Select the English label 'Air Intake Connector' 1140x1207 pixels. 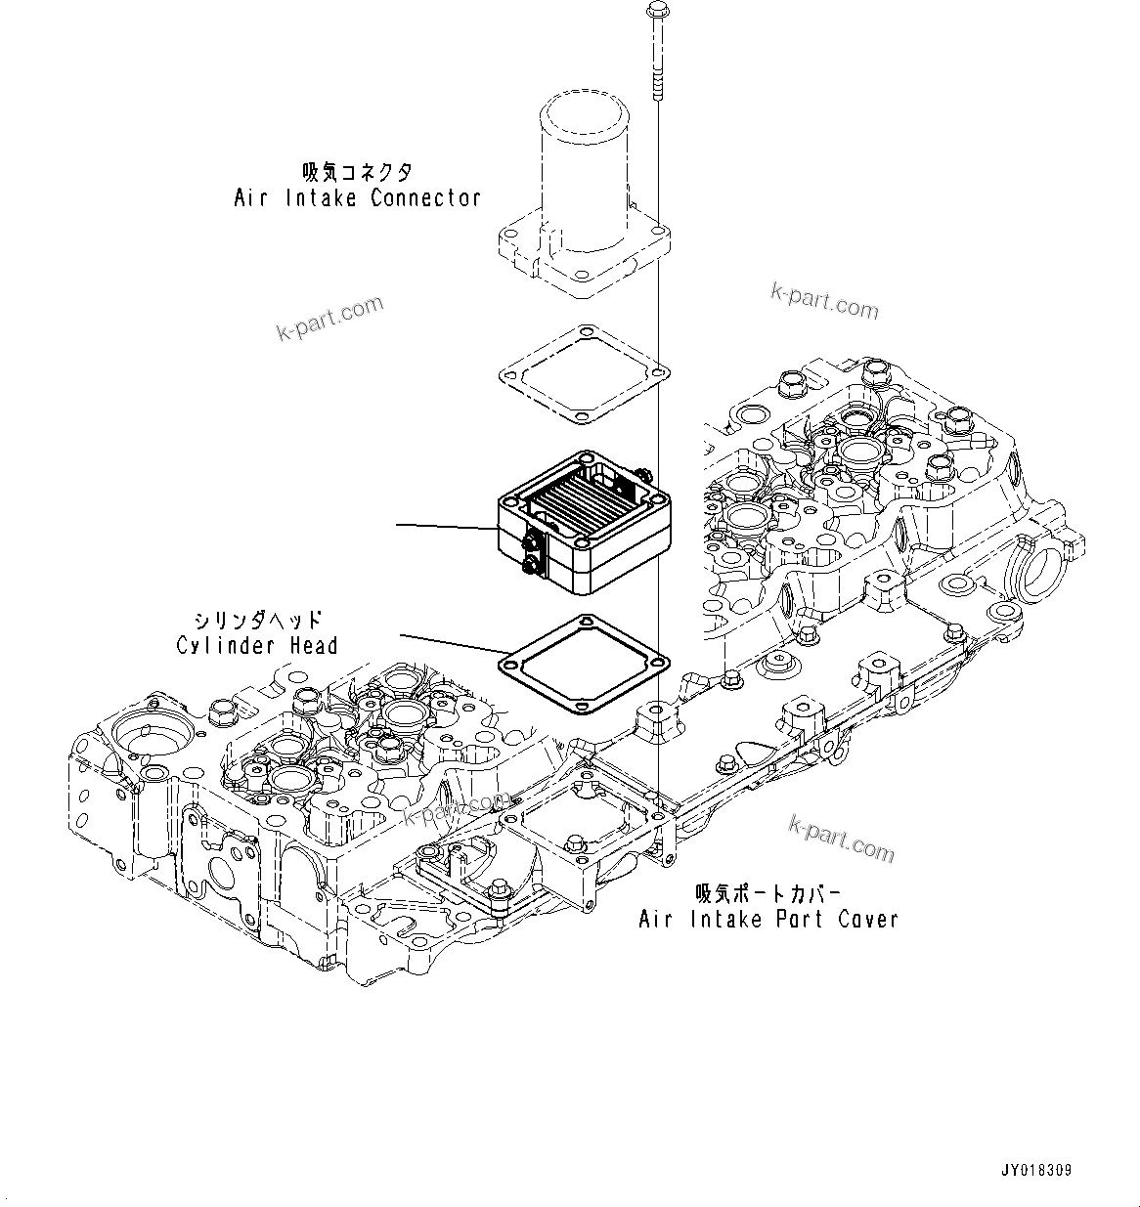click(x=357, y=198)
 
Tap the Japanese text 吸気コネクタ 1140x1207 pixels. click(x=357, y=172)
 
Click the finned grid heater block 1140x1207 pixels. click(x=584, y=518)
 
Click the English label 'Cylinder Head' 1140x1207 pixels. click(x=257, y=645)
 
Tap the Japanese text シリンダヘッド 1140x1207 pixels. click(x=257, y=620)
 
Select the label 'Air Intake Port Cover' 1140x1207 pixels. click(x=767, y=919)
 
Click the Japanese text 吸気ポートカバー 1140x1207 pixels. click(x=767, y=892)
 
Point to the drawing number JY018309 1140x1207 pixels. click(x=1035, y=1170)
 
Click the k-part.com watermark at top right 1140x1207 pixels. click(x=824, y=302)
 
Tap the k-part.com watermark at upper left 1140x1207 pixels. click(x=329, y=320)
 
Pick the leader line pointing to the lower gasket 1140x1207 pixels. click(x=450, y=645)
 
